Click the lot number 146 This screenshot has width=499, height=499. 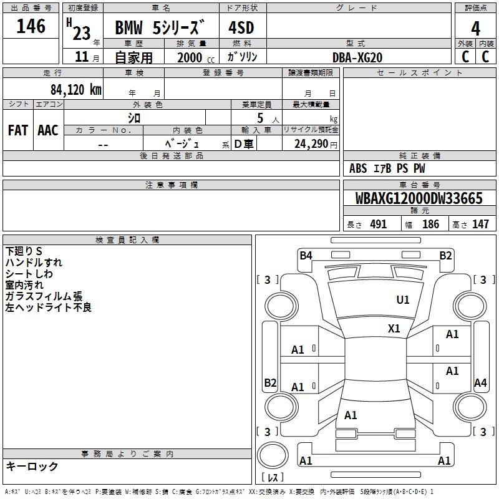point(31,26)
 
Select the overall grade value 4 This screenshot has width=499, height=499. point(475,29)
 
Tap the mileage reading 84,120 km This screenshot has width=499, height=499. point(76,90)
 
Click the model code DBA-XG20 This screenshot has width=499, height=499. point(357,57)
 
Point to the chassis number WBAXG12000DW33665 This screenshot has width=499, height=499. point(419,198)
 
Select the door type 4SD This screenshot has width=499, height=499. point(241,27)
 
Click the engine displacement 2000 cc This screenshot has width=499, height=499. point(196,57)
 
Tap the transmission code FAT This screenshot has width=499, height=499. point(18,130)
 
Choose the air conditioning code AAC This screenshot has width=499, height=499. point(48,130)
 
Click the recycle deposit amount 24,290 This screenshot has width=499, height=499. point(311,144)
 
